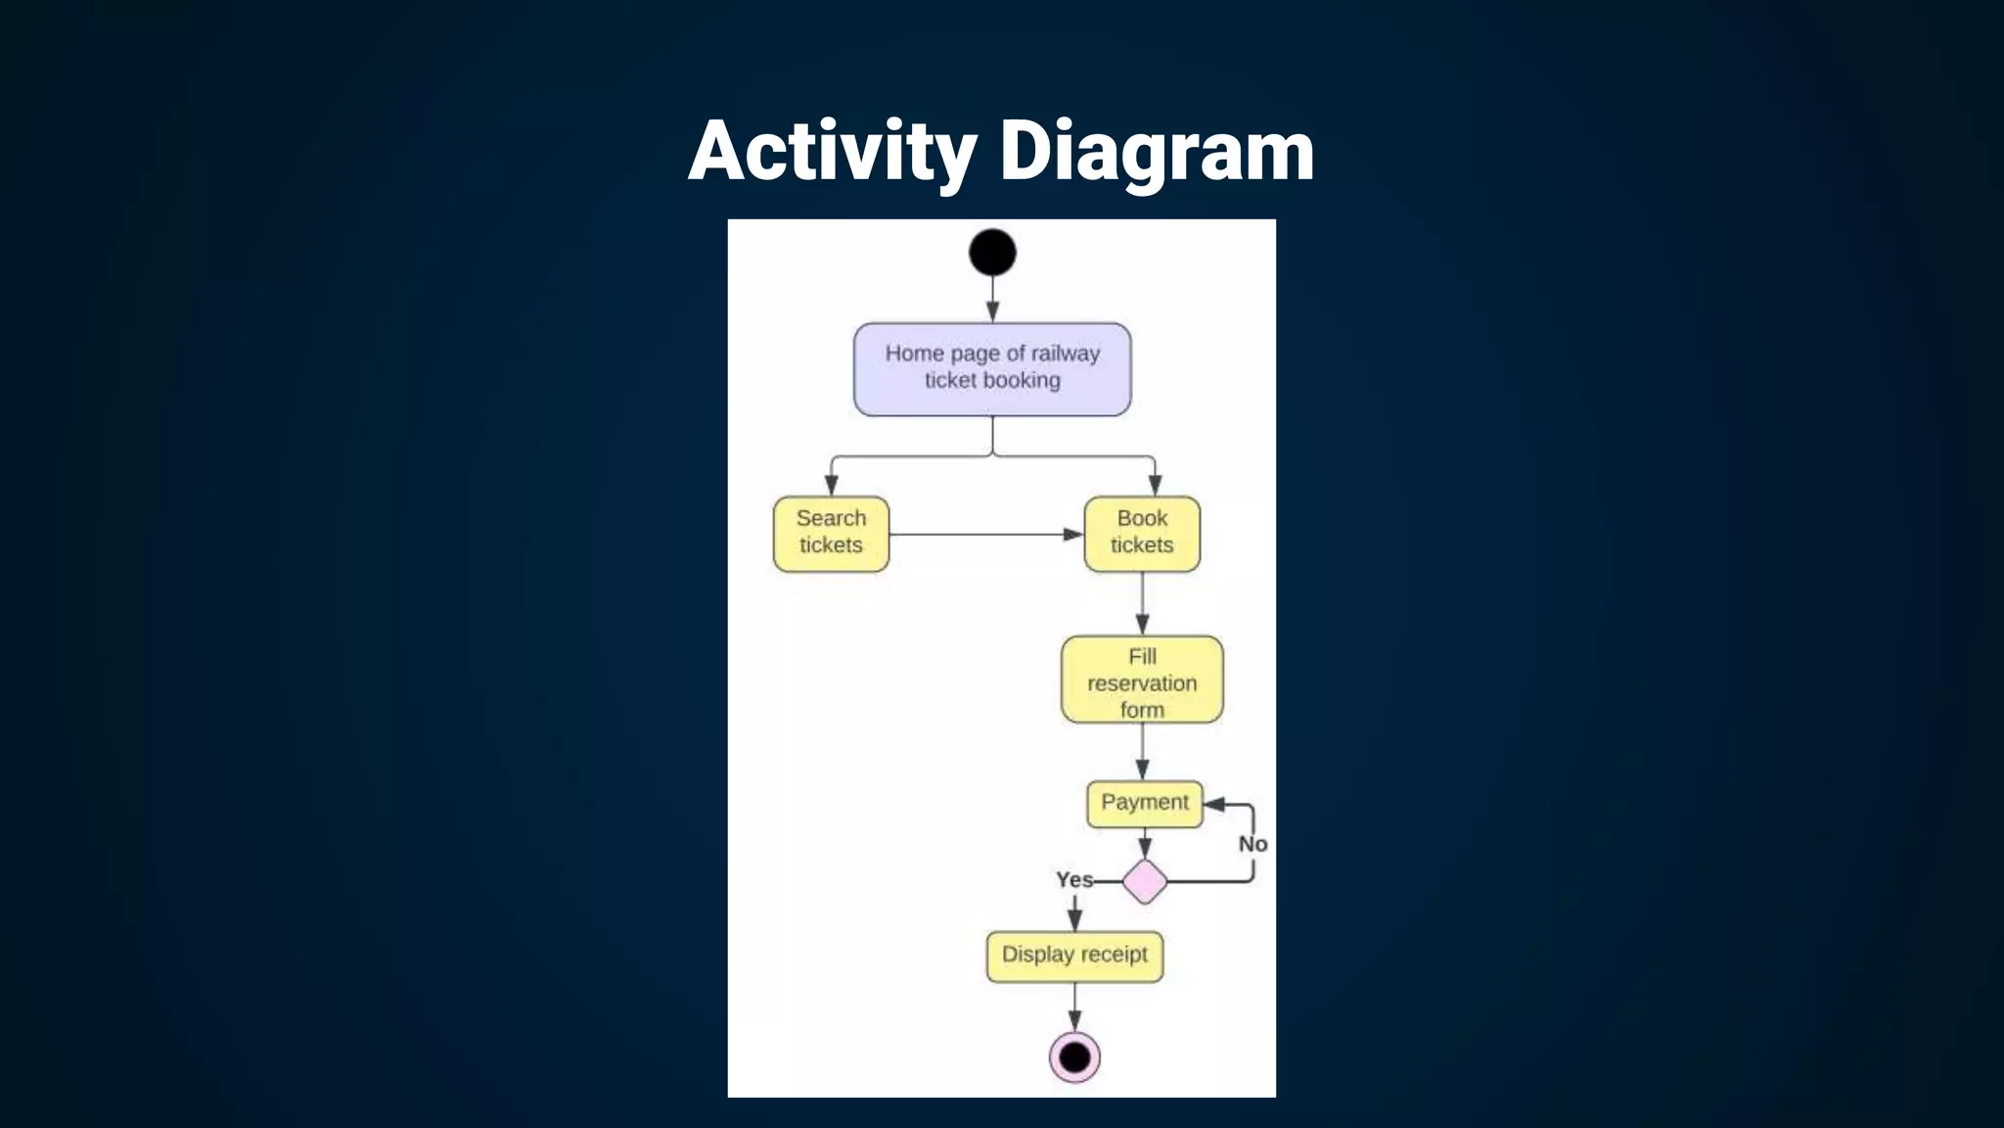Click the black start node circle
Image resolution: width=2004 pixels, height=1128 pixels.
(x=992, y=253)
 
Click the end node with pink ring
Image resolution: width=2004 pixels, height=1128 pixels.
(x=1074, y=1057)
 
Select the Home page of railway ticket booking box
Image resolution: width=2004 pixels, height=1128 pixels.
(x=992, y=369)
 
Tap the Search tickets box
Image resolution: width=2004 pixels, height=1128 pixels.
(x=831, y=534)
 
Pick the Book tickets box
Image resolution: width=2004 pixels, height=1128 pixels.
(x=1142, y=534)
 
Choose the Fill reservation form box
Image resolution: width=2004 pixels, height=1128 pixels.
(x=1142, y=681)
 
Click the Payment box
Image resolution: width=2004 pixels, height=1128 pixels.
(x=1144, y=804)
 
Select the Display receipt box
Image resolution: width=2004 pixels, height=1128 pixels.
(x=1074, y=956)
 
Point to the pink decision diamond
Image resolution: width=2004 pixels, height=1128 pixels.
(x=1144, y=881)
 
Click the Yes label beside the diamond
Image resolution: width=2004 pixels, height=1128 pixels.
(x=1073, y=879)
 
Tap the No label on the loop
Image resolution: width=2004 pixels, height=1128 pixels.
(x=1252, y=844)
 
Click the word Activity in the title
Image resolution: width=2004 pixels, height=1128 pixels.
(x=832, y=152)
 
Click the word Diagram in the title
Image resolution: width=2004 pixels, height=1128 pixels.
(x=1157, y=152)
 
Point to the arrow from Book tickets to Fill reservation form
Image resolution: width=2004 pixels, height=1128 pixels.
(x=1142, y=602)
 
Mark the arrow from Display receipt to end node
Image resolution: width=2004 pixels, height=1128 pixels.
(x=1074, y=1006)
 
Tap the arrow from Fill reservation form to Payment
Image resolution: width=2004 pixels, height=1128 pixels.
(x=1142, y=752)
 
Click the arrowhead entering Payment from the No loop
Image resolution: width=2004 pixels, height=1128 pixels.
(x=1214, y=804)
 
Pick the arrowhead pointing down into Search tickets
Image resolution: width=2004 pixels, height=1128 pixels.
(x=831, y=485)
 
